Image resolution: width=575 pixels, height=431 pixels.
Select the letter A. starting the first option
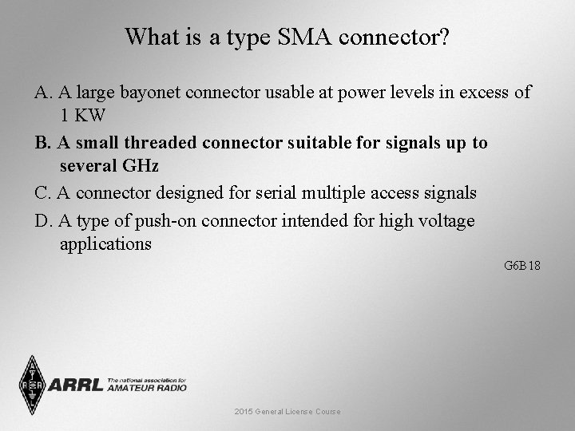44,93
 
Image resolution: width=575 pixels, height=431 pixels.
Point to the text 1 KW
83,115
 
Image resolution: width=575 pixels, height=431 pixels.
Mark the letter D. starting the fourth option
44,221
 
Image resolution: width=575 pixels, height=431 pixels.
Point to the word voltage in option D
444,221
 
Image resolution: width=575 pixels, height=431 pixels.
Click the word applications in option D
105,243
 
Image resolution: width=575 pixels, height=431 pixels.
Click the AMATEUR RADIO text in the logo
147,388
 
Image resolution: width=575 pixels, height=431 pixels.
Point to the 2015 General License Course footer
287,411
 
